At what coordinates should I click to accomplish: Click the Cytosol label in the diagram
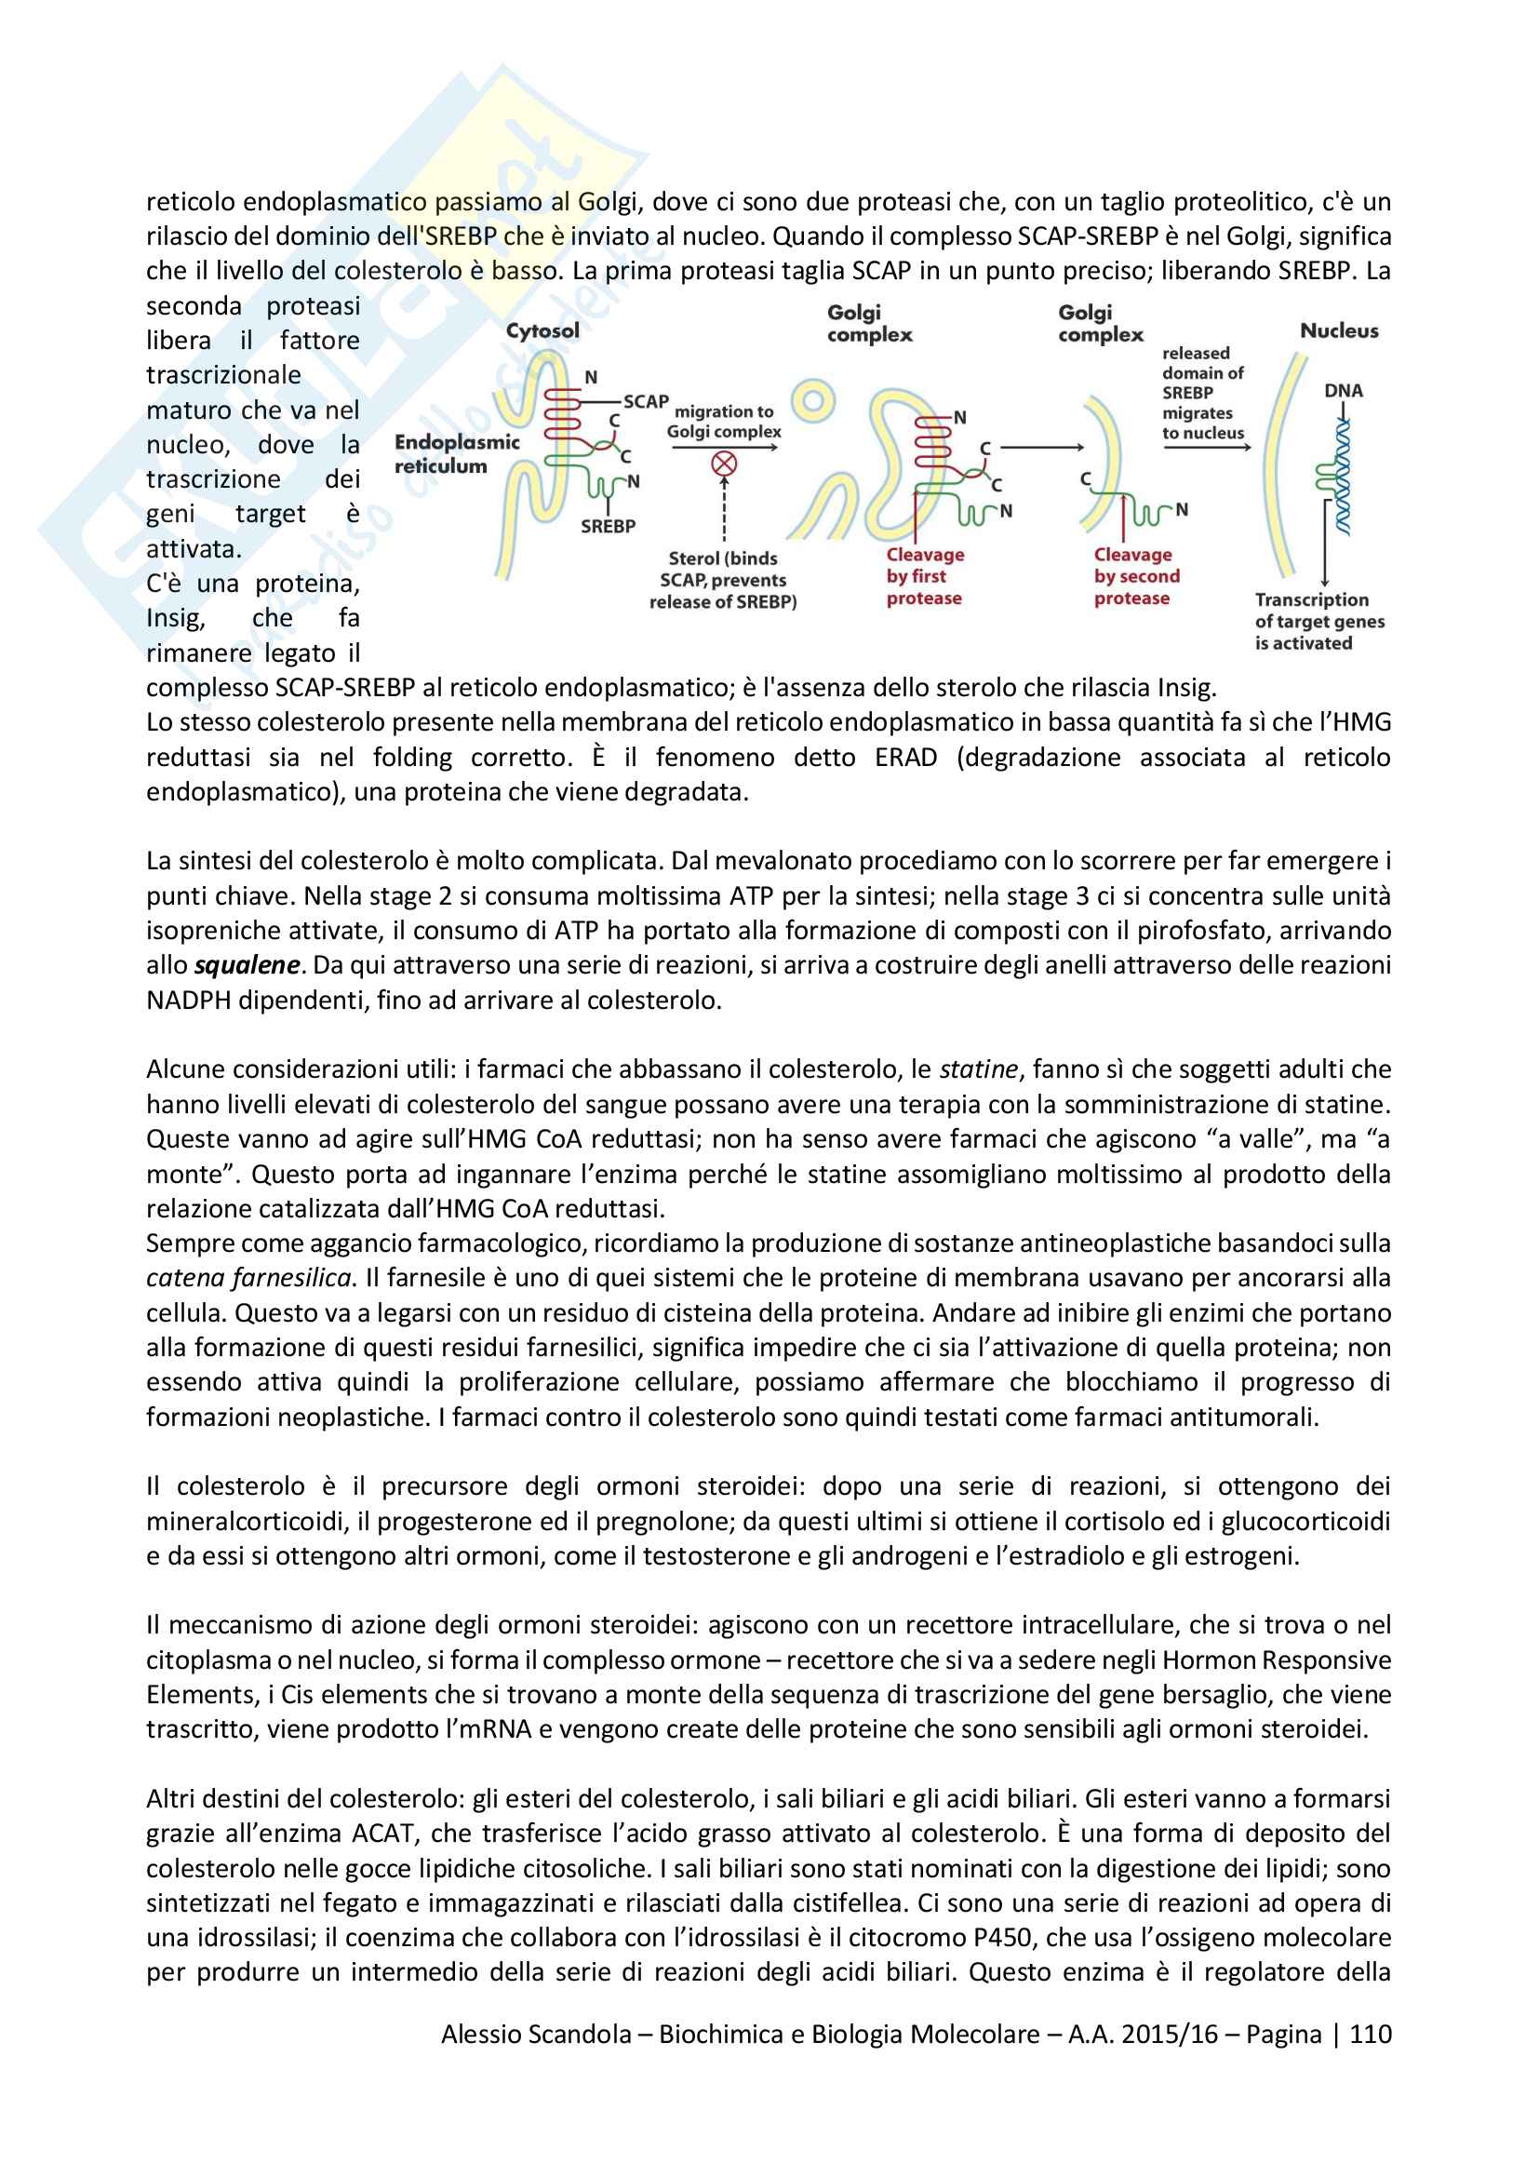(542, 331)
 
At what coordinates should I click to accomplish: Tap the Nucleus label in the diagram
(1338, 331)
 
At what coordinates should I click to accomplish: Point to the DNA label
(1343, 391)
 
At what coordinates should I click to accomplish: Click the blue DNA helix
(1342, 478)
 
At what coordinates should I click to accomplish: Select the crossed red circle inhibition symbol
(724, 464)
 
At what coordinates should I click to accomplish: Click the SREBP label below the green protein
(608, 526)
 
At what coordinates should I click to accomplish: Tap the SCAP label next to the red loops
(646, 402)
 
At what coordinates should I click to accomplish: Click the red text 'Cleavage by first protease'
(924, 576)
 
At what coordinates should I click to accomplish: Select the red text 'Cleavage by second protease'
(1135, 576)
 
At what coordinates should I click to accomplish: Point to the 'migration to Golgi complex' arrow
(725, 448)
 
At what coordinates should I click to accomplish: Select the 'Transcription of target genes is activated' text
(1318, 621)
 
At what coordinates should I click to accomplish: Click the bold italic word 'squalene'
(247, 965)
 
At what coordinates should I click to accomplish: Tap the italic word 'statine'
(978, 1069)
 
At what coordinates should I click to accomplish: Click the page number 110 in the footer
(1371, 2034)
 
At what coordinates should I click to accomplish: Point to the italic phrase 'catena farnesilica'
(248, 1278)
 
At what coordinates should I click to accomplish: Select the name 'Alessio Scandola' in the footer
(535, 2034)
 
